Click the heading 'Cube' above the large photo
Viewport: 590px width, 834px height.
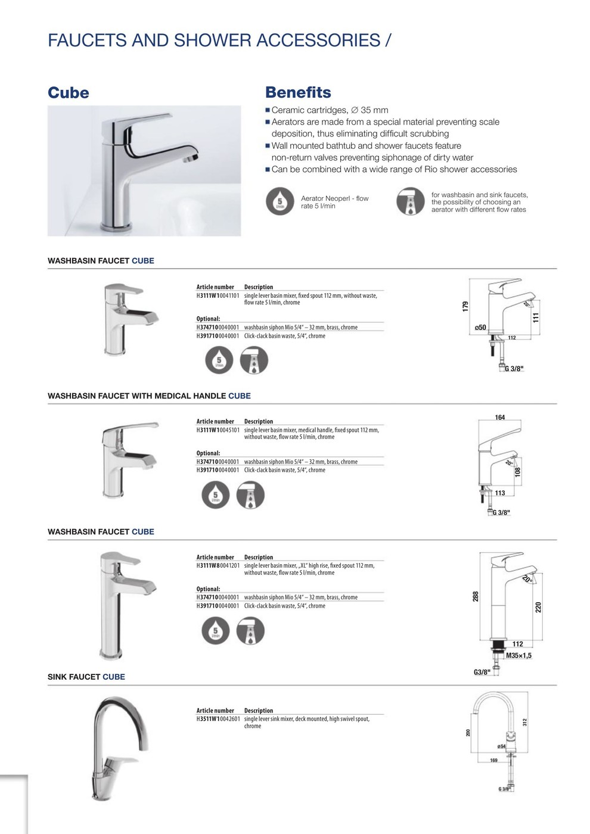click(x=68, y=93)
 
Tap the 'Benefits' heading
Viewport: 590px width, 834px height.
click(x=298, y=92)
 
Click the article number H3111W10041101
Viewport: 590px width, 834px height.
click(x=218, y=295)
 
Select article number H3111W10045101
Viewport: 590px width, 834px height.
click(x=218, y=430)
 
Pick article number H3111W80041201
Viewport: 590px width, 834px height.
click(x=218, y=565)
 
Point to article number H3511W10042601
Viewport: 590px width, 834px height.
click(x=218, y=719)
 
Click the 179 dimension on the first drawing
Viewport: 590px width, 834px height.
click(x=465, y=306)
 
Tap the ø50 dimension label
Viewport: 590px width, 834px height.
click(x=480, y=328)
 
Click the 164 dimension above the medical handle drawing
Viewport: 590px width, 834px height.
click(x=499, y=418)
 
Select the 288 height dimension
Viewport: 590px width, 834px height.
click(x=476, y=596)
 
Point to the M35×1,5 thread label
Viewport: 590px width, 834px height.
click(x=518, y=655)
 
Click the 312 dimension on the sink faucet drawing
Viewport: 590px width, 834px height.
click(x=525, y=723)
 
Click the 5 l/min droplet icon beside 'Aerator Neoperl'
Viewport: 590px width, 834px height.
click(x=280, y=201)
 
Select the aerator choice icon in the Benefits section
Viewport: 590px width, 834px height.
click(x=411, y=201)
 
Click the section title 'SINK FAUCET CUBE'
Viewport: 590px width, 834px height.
click(x=86, y=677)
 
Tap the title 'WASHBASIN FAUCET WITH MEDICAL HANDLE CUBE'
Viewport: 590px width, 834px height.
click(x=149, y=396)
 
